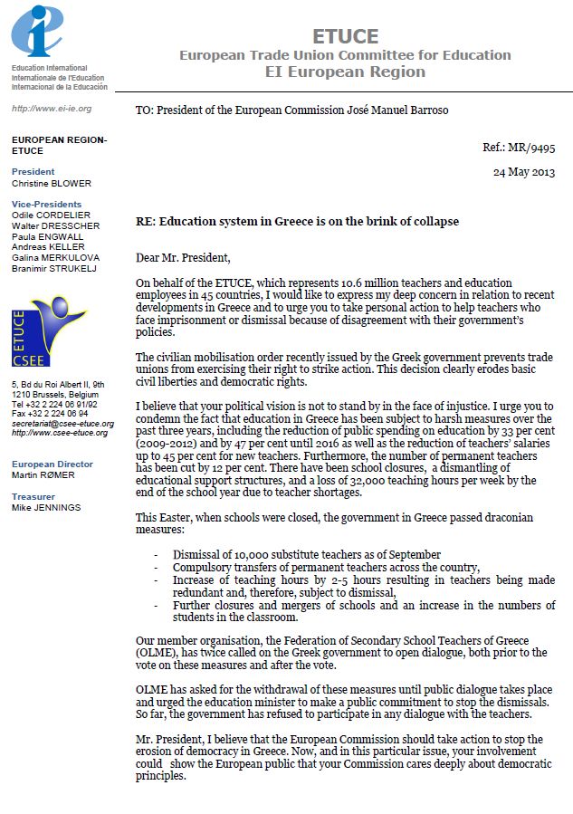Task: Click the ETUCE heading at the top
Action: point(345,37)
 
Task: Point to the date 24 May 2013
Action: point(523,171)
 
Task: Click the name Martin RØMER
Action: point(43,474)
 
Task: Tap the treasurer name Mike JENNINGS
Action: point(46,507)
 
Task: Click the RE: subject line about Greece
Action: point(297,222)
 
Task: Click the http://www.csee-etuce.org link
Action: point(60,433)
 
